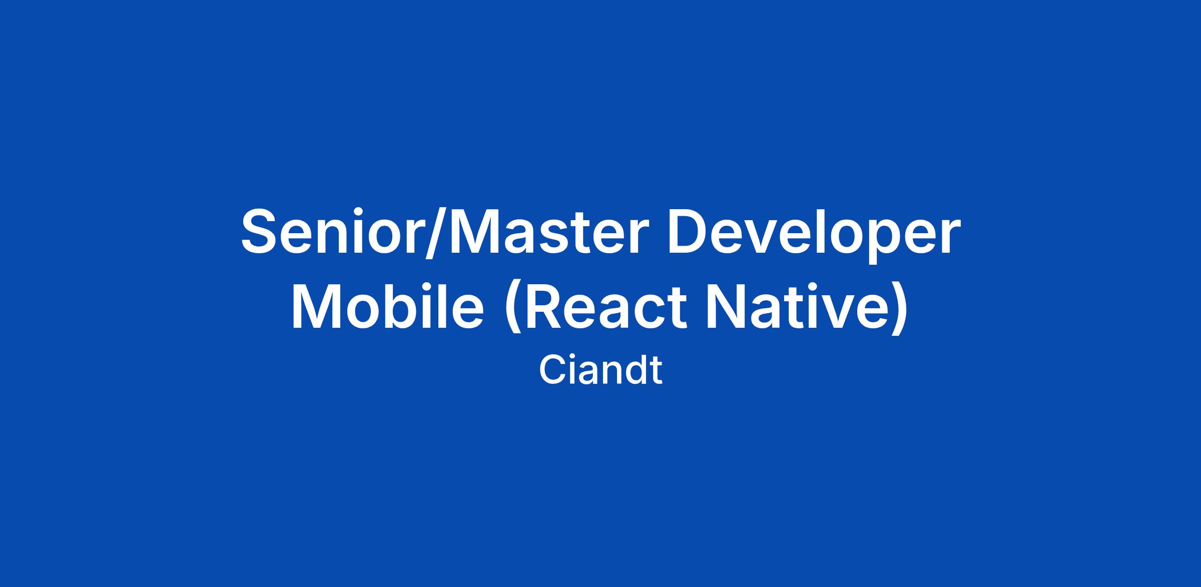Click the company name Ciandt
(600, 370)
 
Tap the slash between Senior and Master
(435, 233)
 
